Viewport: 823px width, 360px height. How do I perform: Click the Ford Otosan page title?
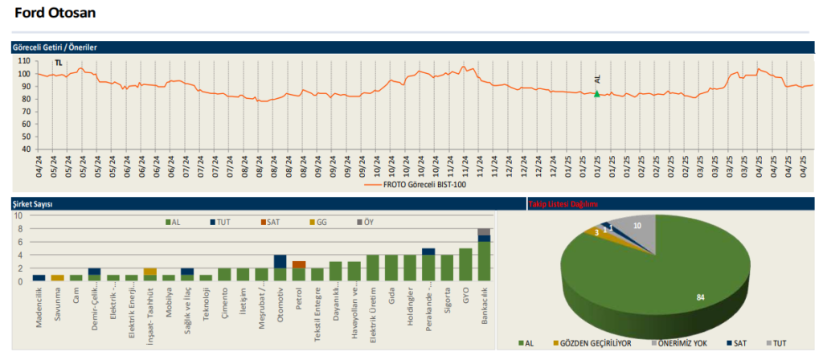(55, 13)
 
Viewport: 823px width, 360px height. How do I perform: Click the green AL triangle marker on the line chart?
(596, 94)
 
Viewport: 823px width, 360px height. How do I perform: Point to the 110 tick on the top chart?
(23, 61)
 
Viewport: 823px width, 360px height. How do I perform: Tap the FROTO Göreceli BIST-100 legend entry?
(418, 184)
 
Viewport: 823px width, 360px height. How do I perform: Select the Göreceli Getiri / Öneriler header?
(55, 48)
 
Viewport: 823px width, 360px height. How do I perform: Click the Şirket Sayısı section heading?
(33, 205)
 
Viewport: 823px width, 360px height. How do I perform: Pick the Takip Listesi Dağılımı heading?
(563, 204)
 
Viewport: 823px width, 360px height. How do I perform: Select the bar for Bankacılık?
(484, 255)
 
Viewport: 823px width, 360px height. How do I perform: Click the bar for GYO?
(465, 264)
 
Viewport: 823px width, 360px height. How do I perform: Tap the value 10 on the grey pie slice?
(637, 226)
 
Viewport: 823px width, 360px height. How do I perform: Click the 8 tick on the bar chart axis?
(21, 228)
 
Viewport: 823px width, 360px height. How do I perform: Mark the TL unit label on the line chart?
(58, 63)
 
